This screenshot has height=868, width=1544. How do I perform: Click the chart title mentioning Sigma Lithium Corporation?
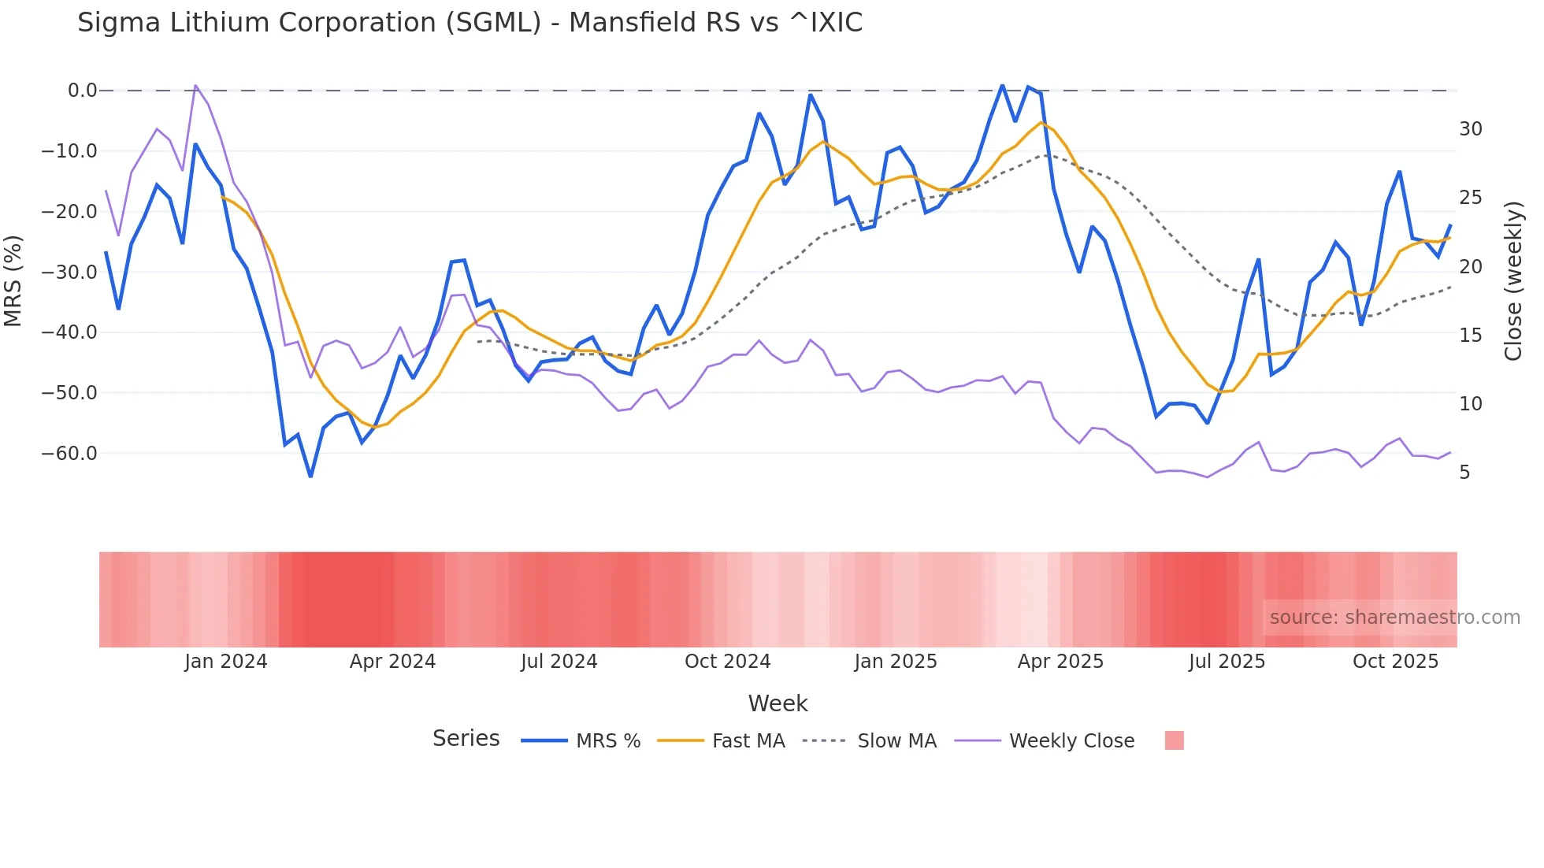[x=470, y=23]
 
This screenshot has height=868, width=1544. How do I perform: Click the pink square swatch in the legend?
[x=1174, y=740]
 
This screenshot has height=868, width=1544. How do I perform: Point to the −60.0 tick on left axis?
[x=69, y=454]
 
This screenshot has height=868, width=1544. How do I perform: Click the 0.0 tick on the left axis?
[x=82, y=91]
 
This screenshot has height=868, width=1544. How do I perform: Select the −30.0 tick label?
[x=69, y=273]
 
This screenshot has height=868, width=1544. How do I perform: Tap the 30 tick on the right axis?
[x=1470, y=129]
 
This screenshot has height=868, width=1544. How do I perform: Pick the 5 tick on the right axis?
[x=1464, y=473]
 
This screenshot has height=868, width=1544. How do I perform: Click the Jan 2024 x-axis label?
[x=226, y=662]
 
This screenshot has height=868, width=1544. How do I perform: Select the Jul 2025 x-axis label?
[x=1227, y=662]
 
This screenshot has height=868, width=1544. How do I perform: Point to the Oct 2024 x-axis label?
[x=727, y=662]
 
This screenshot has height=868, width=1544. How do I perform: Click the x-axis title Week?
[x=778, y=703]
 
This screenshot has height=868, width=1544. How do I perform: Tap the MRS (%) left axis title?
[x=13, y=281]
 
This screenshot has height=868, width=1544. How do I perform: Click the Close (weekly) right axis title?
[x=1513, y=281]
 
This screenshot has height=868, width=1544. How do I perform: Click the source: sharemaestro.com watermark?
[x=1394, y=618]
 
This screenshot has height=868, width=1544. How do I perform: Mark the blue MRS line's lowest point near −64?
[x=310, y=477]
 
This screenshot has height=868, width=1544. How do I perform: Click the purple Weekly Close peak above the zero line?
[x=195, y=85]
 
